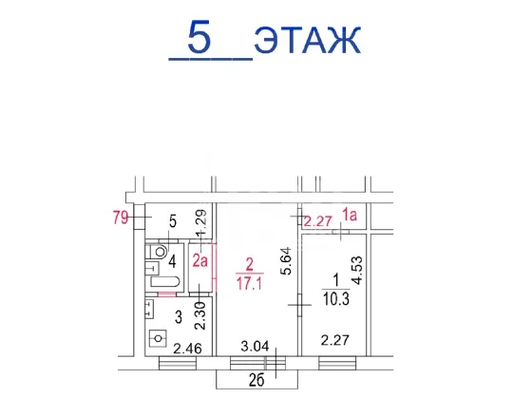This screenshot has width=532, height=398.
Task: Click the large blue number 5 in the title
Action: point(199,37)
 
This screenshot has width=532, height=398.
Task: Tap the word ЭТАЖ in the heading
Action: point(308,41)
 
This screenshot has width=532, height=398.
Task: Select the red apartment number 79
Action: point(121,218)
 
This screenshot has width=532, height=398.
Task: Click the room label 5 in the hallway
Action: point(173,222)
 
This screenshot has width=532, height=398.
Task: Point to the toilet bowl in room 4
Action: point(158,252)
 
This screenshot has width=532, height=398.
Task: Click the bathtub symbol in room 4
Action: point(165,282)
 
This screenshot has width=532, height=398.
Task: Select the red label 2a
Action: point(200,261)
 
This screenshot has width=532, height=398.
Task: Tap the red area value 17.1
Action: point(249,283)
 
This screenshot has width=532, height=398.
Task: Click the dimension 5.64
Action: point(287,261)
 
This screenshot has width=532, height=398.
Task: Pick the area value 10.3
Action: point(336,299)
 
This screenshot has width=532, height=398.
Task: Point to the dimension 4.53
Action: point(357,271)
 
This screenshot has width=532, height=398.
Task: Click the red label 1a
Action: point(350,215)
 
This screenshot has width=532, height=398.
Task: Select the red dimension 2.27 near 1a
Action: point(317,221)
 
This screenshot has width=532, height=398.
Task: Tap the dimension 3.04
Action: point(255,347)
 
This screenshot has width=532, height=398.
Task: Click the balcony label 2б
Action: point(256,381)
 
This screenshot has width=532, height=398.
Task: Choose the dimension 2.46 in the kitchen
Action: point(188,349)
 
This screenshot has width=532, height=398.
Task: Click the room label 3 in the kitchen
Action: point(179,317)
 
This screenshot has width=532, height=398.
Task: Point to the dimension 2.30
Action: point(199,316)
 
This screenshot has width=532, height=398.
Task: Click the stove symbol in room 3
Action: point(158,338)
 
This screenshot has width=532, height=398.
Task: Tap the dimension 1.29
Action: point(201,223)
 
